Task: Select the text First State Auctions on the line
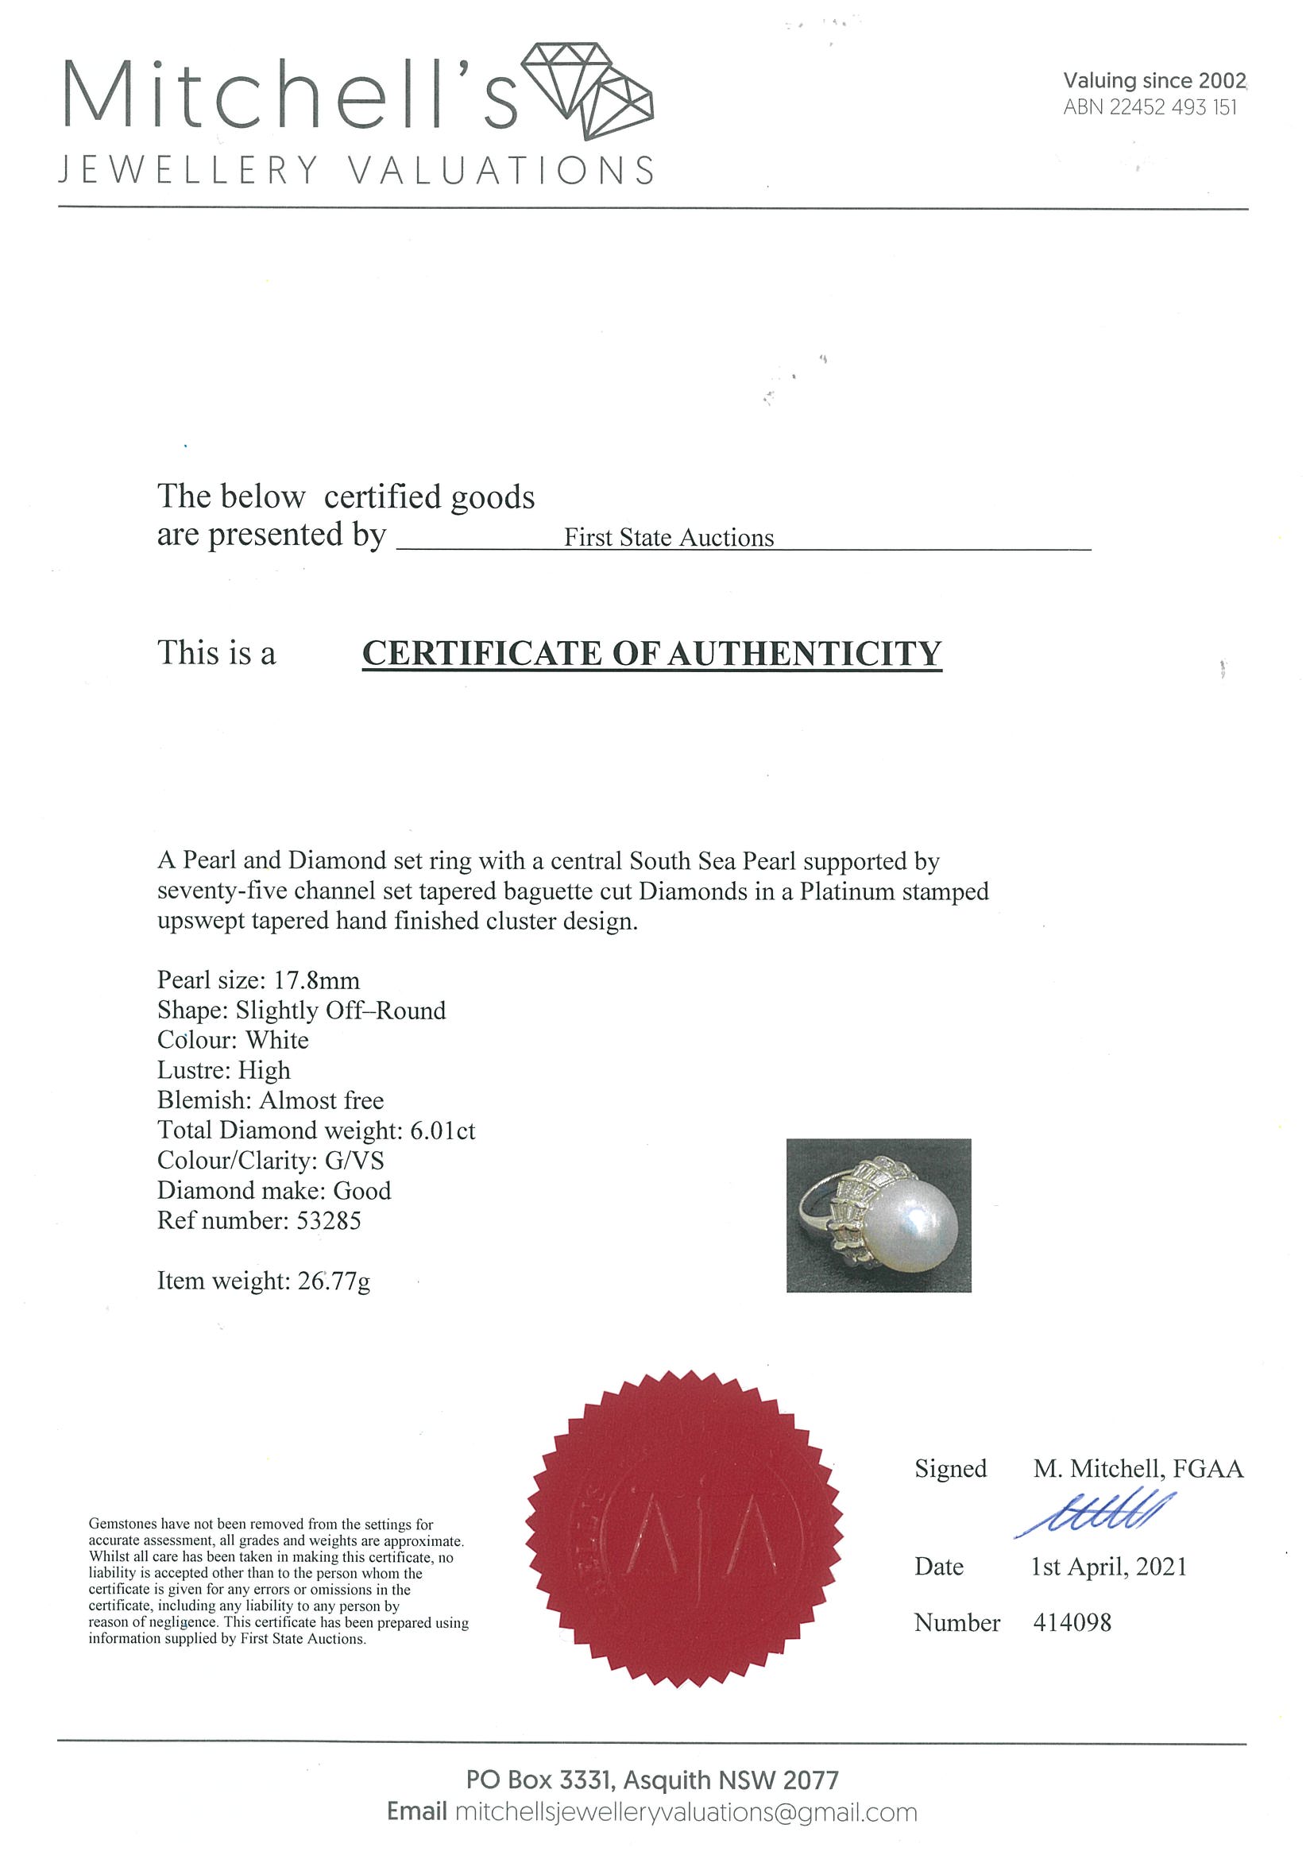[669, 539]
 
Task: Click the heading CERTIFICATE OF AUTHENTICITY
[651, 653]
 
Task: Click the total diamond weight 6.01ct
[442, 1130]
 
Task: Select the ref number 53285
[329, 1220]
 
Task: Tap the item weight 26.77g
[334, 1281]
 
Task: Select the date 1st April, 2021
[1108, 1567]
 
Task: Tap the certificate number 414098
[1072, 1622]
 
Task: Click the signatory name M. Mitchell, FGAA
[1138, 1469]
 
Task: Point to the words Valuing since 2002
[1154, 81]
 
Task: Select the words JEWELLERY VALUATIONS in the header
[357, 171]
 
